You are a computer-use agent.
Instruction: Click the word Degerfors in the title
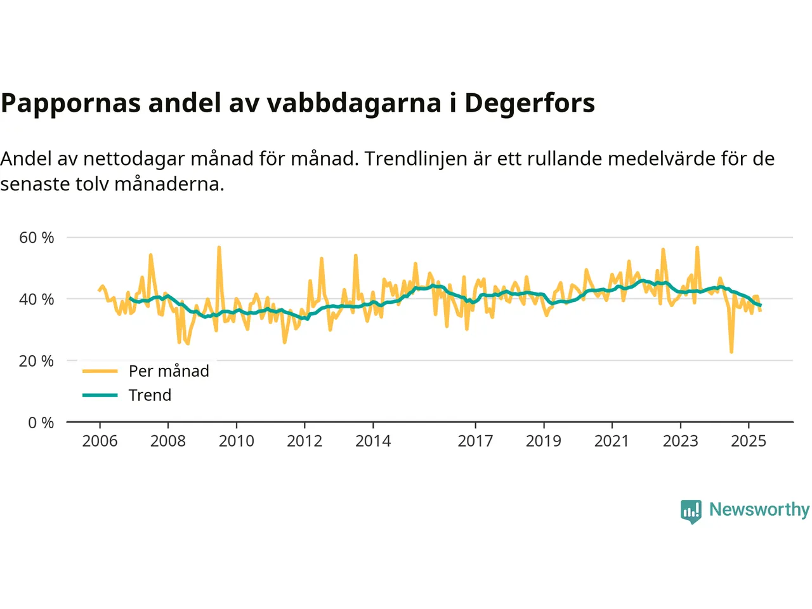pos(530,103)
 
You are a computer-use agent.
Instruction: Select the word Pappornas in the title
pos(70,103)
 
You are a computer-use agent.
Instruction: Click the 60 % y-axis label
pos(37,238)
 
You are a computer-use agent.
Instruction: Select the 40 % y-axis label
pos(37,299)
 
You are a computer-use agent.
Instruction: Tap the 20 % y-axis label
pos(37,361)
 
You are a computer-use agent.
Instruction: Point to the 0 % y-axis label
pos(41,422)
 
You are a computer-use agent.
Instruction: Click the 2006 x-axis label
pos(100,441)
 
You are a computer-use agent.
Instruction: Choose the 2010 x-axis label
pos(237,441)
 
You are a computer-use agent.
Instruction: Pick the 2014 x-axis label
pos(373,441)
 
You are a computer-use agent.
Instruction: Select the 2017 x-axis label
pos(475,441)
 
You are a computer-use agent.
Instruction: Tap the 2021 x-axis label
pos(612,441)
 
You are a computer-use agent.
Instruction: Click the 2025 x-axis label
pos(749,441)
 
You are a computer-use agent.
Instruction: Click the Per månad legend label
pos(169,371)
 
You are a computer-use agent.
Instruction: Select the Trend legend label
pos(150,395)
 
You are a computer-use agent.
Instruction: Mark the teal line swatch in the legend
pos(100,395)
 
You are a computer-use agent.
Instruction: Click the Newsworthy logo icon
pos(691,511)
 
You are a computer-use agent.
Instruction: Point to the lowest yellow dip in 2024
pos(731,351)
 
